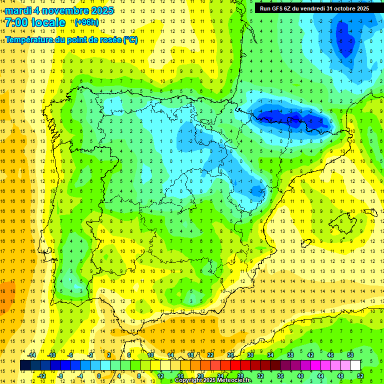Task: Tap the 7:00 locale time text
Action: click(x=35, y=22)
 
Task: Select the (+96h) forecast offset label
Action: click(x=86, y=22)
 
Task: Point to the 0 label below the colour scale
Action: click(x=99, y=375)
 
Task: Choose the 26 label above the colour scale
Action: click(x=230, y=354)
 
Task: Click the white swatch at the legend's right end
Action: click(x=355, y=365)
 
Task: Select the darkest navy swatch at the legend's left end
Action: click(x=25, y=365)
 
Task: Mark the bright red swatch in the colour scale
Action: click(x=235, y=365)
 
